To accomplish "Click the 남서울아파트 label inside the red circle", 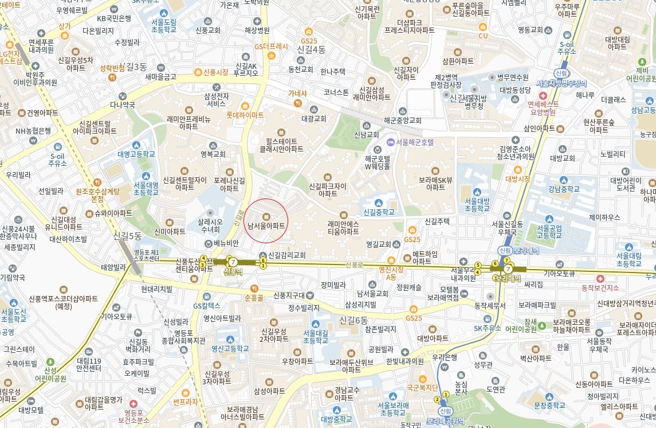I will [x=266, y=226].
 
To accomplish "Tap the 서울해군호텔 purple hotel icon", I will [x=390, y=142].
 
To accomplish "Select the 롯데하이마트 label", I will [x=245, y=115].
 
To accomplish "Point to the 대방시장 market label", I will [x=518, y=178].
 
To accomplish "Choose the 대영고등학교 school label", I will [x=136, y=154].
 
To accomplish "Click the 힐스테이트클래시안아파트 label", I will [x=281, y=145].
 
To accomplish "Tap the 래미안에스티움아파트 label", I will [x=343, y=228].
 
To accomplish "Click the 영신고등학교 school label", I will [x=230, y=348].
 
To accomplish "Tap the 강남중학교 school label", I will [x=564, y=189].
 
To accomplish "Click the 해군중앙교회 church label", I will [x=402, y=120].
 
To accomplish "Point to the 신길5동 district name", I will [x=127, y=235].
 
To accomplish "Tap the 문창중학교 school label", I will [x=549, y=406].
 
